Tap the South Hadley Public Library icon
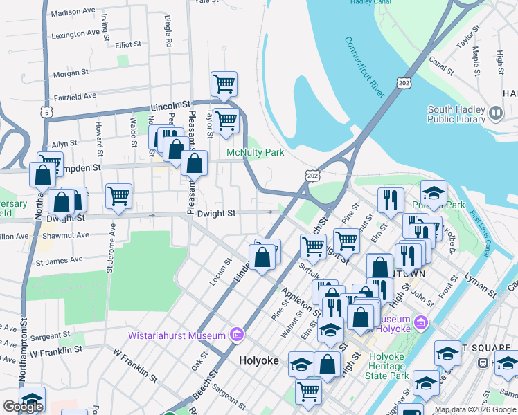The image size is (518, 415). tap(495, 113)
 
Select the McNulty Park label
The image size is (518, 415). tap(255, 151)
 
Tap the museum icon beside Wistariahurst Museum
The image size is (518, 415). tap(236, 335)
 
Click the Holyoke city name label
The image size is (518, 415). tap(258, 361)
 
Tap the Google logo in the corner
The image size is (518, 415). tap(23, 407)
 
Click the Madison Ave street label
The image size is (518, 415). tap(73, 12)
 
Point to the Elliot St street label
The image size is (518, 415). tap(128, 44)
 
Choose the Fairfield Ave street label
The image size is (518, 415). tap(75, 96)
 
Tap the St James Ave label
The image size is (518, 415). tap(59, 261)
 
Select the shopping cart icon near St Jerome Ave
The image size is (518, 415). tap(118, 196)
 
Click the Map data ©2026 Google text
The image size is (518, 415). tap(475, 409)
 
